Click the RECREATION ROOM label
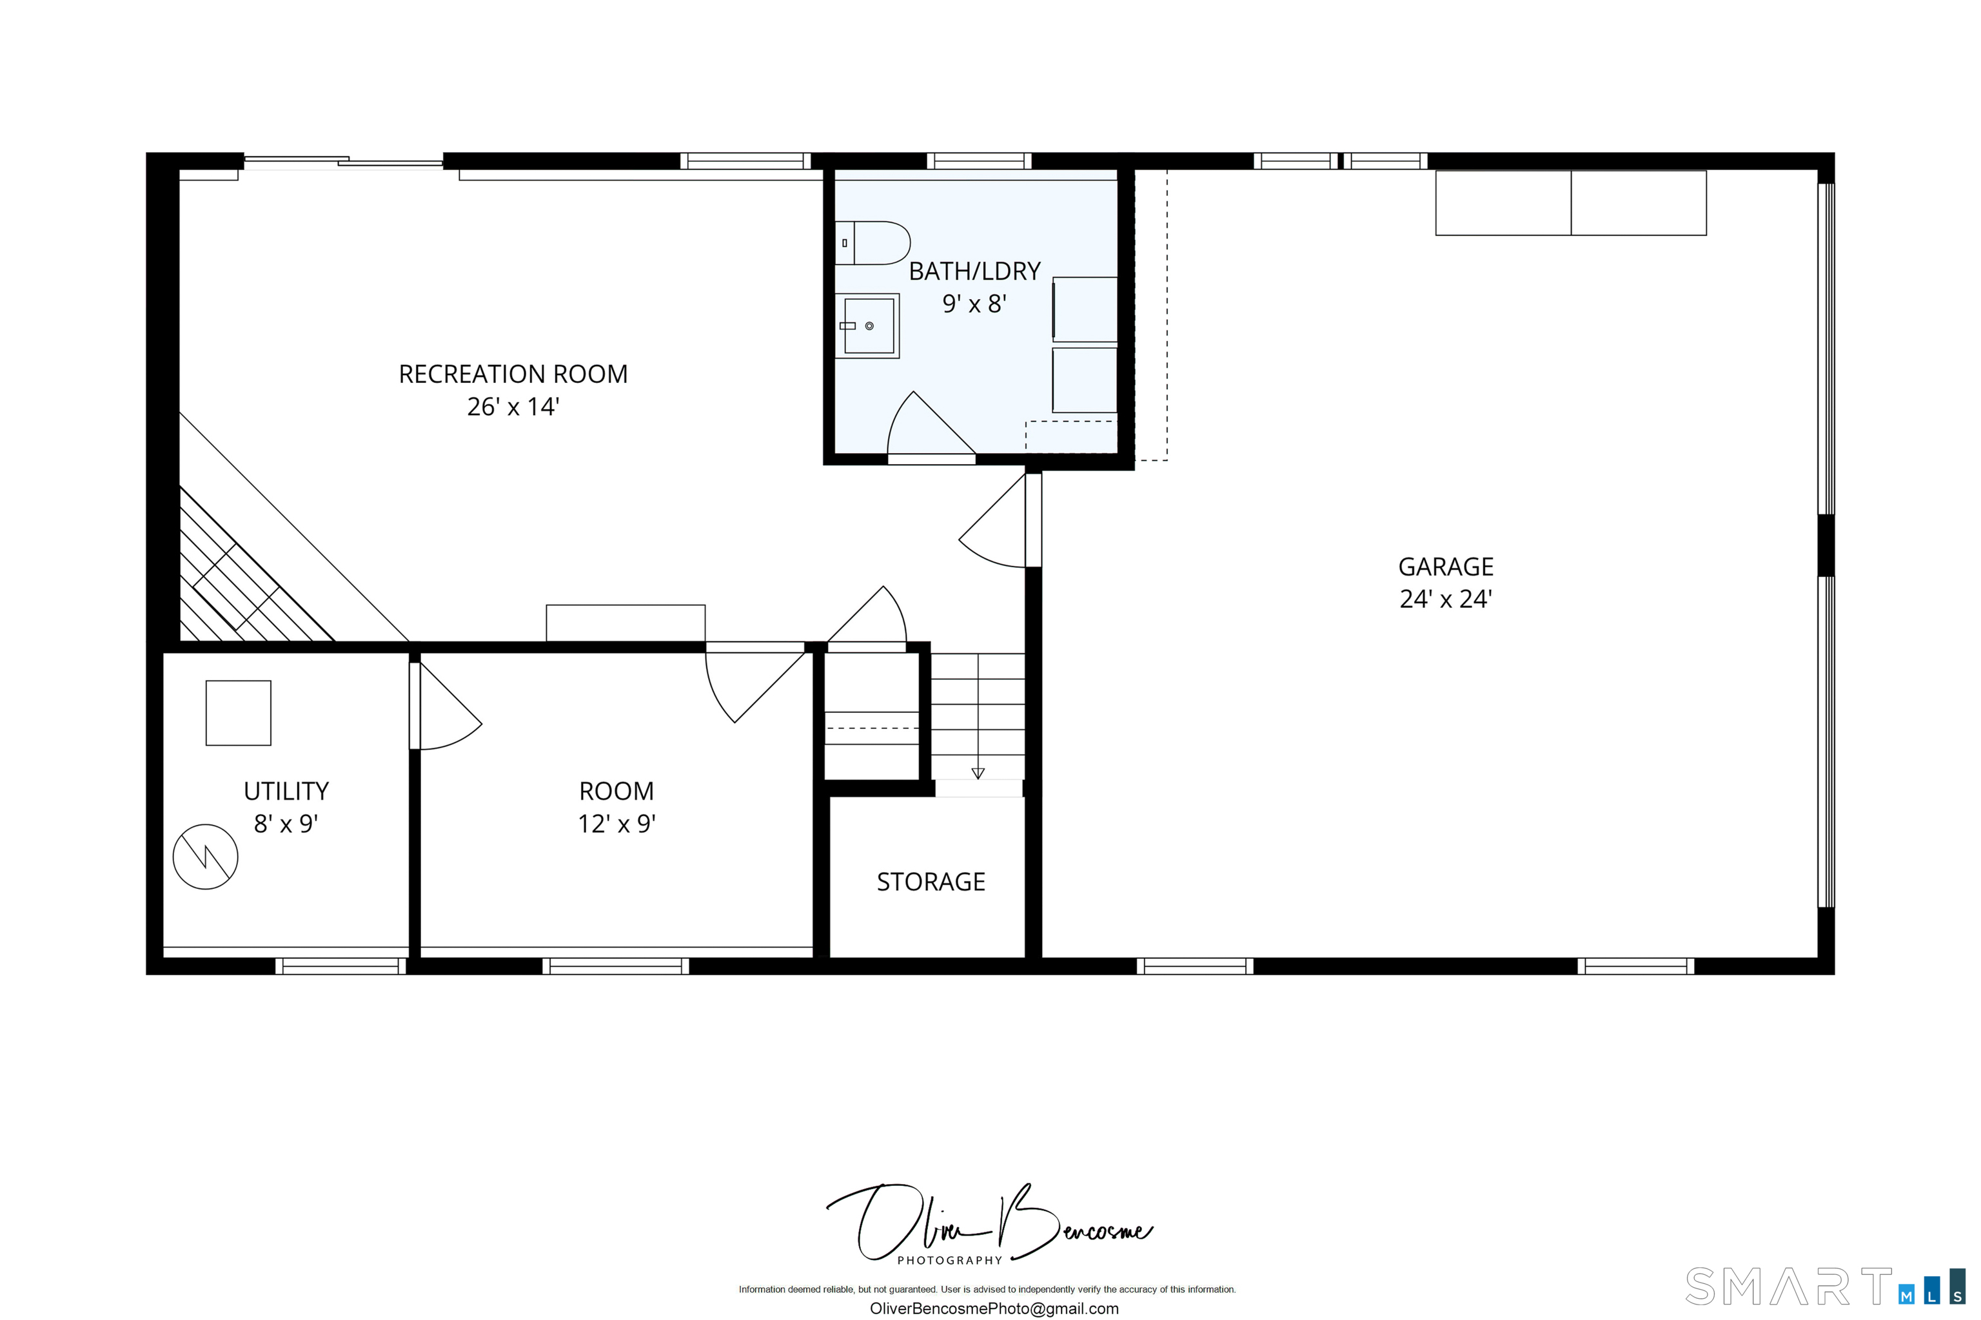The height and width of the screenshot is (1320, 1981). (513, 374)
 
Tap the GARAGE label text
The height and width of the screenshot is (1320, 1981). (1445, 567)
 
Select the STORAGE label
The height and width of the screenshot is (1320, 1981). (931, 882)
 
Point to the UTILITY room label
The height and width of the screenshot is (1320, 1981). (286, 791)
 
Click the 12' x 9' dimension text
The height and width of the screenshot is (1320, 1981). (616, 824)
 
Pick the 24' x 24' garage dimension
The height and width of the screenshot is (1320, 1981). (1445, 599)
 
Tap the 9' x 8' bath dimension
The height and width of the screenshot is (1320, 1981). (974, 304)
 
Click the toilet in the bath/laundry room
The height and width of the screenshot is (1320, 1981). (872, 243)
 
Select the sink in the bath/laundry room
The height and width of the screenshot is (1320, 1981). (867, 325)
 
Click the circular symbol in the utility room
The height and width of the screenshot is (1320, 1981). (206, 857)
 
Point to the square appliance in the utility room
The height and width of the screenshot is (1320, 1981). (239, 713)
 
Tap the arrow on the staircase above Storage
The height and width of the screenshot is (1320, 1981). (978, 773)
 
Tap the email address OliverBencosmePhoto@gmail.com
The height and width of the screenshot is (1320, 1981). (994, 1309)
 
